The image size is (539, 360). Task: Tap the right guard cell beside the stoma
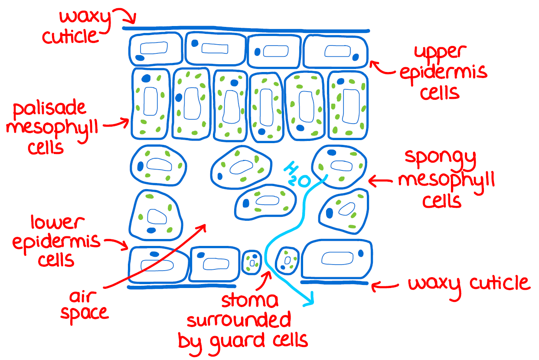(287, 260)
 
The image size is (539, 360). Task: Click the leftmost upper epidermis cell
(155, 49)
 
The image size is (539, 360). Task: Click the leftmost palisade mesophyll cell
(150, 104)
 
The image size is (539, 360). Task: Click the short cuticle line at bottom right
(334, 282)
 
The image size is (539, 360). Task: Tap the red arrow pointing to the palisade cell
(117, 124)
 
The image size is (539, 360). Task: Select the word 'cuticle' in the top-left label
(70, 36)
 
